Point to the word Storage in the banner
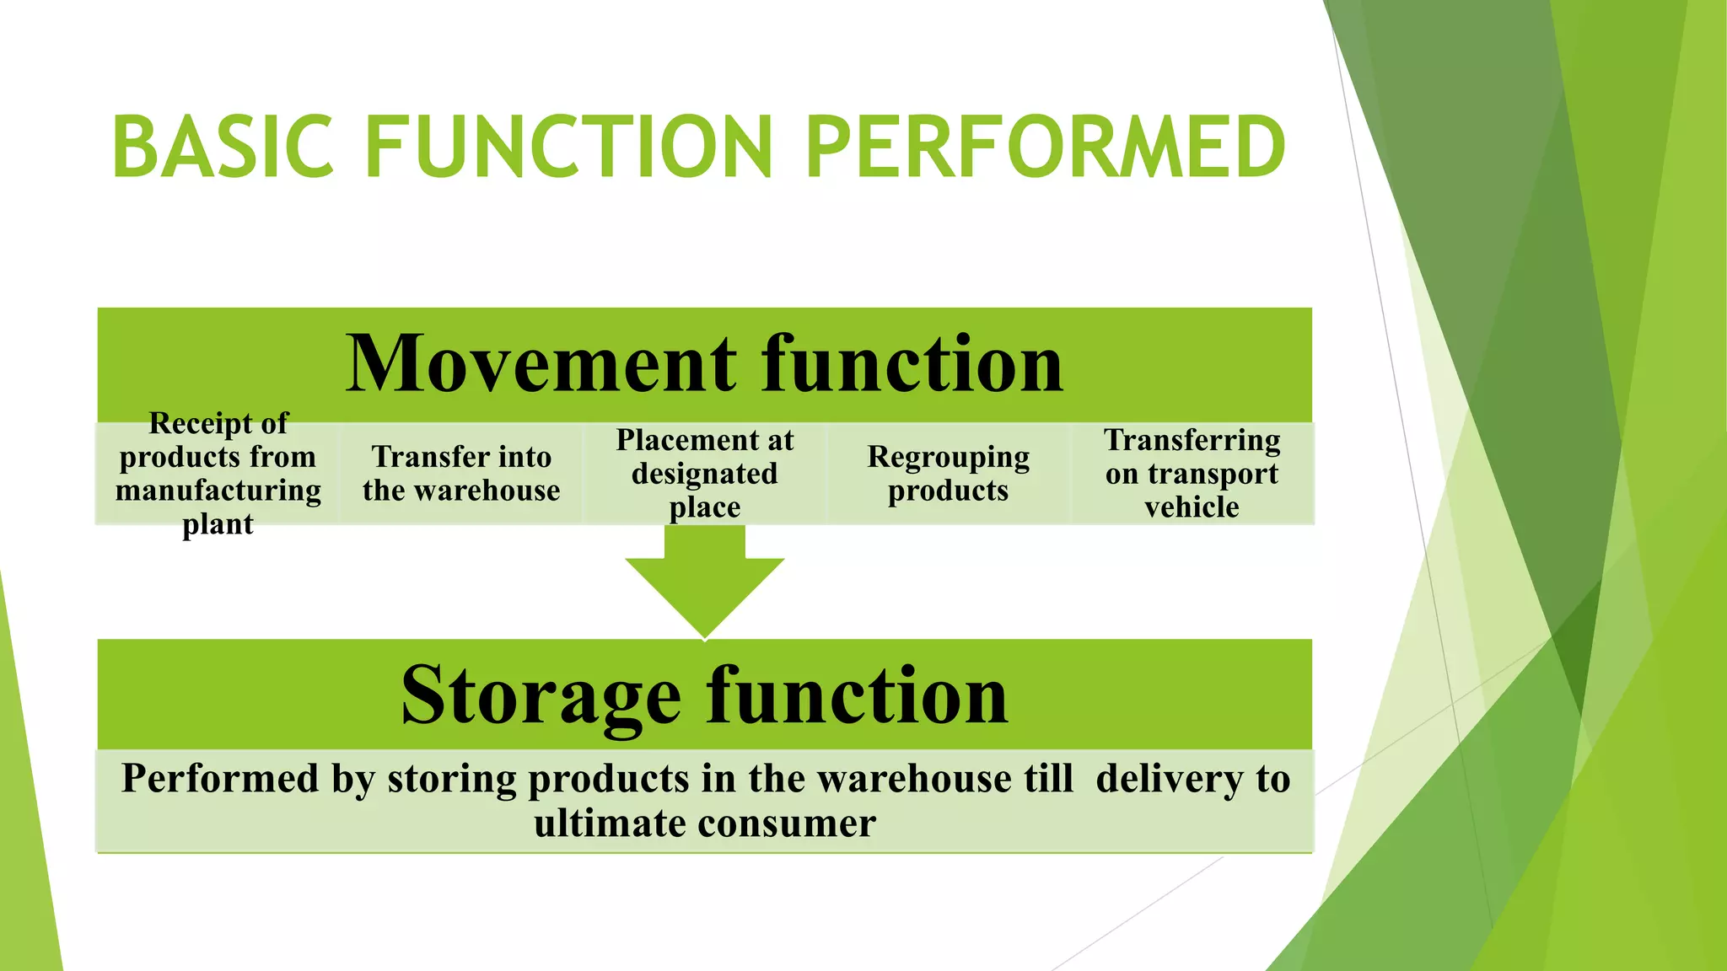coord(541,695)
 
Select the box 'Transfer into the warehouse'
coord(461,474)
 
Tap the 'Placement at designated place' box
coord(705,474)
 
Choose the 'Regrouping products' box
coord(949,474)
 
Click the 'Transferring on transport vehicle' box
coord(1192,474)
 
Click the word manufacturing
coord(218,491)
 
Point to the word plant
coord(218,524)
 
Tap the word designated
coord(705,474)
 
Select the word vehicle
coord(1192,507)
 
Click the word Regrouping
coord(949,458)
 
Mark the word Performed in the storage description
coord(220,778)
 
